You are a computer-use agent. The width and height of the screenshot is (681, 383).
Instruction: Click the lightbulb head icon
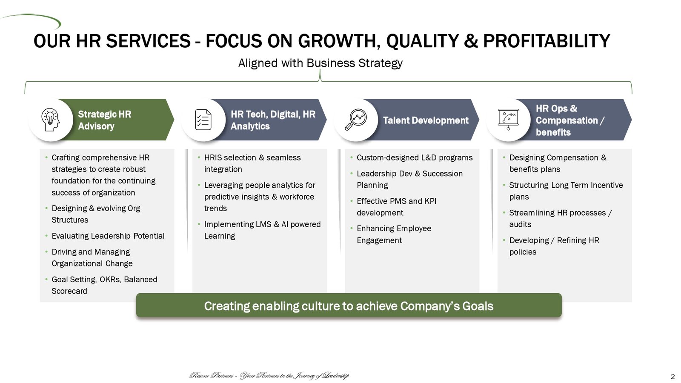[x=51, y=120]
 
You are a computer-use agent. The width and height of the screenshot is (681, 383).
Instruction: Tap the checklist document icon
[x=203, y=120]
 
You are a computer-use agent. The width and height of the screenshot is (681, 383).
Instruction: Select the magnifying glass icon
[x=356, y=120]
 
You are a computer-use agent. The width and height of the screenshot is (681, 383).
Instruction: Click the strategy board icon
[x=508, y=120]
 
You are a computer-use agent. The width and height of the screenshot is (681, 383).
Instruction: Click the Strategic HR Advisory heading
[x=105, y=120]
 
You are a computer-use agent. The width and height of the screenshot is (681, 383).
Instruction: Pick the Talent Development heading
[x=426, y=120]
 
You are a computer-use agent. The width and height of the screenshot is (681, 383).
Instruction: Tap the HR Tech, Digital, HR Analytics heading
[x=273, y=120]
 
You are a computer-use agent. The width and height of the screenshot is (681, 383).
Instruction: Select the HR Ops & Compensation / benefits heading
[x=570, y=120]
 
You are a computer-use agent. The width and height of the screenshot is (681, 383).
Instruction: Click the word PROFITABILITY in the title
[x=547, y=41]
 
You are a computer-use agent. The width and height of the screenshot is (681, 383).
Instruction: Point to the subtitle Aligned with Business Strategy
[x=320, y=63]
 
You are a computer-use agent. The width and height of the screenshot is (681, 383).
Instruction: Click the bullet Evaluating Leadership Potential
[x=108, y=236]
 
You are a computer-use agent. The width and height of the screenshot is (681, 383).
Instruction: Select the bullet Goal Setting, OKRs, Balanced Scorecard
[x=104, y=285]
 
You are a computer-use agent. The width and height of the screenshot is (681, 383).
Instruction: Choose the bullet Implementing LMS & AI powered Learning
[x=262, y=230]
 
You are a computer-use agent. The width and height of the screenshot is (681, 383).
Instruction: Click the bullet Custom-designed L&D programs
[x=415, y=158]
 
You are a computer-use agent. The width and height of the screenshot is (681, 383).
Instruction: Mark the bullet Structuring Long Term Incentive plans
[x=566, y=191]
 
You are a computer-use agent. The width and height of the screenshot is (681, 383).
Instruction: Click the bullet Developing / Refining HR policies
[x=554, y=246]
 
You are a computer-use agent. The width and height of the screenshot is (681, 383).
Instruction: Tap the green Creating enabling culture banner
[x=349, y=306]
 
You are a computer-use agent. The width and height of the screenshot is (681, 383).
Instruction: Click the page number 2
[x=673, y=377]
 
